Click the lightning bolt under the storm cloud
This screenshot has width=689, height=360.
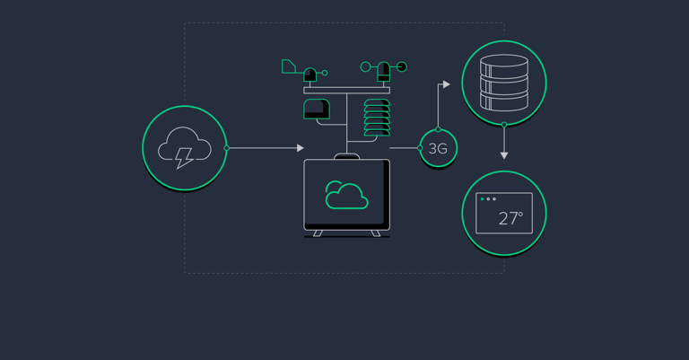pyautogui.click(x=184, y=158)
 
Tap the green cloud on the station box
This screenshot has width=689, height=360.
pyautogui.click(x=346, y=195)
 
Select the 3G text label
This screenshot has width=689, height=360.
pyautogui.click(x=438, y=148)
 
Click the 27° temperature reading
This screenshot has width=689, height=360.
pyautogui.click(x=510, y=218)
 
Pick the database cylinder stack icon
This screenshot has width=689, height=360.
pyautogui.click(x=504, y=83)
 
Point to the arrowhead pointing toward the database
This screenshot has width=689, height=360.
pyautogui.click(x=447, y=84)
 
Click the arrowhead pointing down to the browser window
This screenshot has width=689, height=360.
pyautogui.click(x=504, y=155)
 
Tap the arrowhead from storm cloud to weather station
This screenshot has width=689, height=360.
pyautogui.click(x=301, y=148)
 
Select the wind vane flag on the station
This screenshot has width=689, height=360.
pyautogui.click(x=288, y=66)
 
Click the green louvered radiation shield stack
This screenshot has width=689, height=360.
pyautogui.click(x=377, y=118)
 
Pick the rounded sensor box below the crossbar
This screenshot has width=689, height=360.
pyautogui.click(x=317, y=109)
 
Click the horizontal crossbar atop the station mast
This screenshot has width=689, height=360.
pyautogui.click(x=346, y=90)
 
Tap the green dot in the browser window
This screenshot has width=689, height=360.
pyautogui.click(x=482, y=199)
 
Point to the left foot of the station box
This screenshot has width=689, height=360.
pyautogui.click(x=318, y=233)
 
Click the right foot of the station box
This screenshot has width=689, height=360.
pyautogui.click(x=376, y=233)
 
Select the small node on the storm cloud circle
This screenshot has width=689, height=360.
pyautogui.click(x=227, y=148)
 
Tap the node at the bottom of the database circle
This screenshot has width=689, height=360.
pyautogui.click(x=504, y=125)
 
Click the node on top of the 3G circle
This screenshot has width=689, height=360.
pyautogui.click(x=438, y=129)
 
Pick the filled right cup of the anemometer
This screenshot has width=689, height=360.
pyautogui.click(x=402, y=66)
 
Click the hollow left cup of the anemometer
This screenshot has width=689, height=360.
pyautogui.click(x=366, y=66)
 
